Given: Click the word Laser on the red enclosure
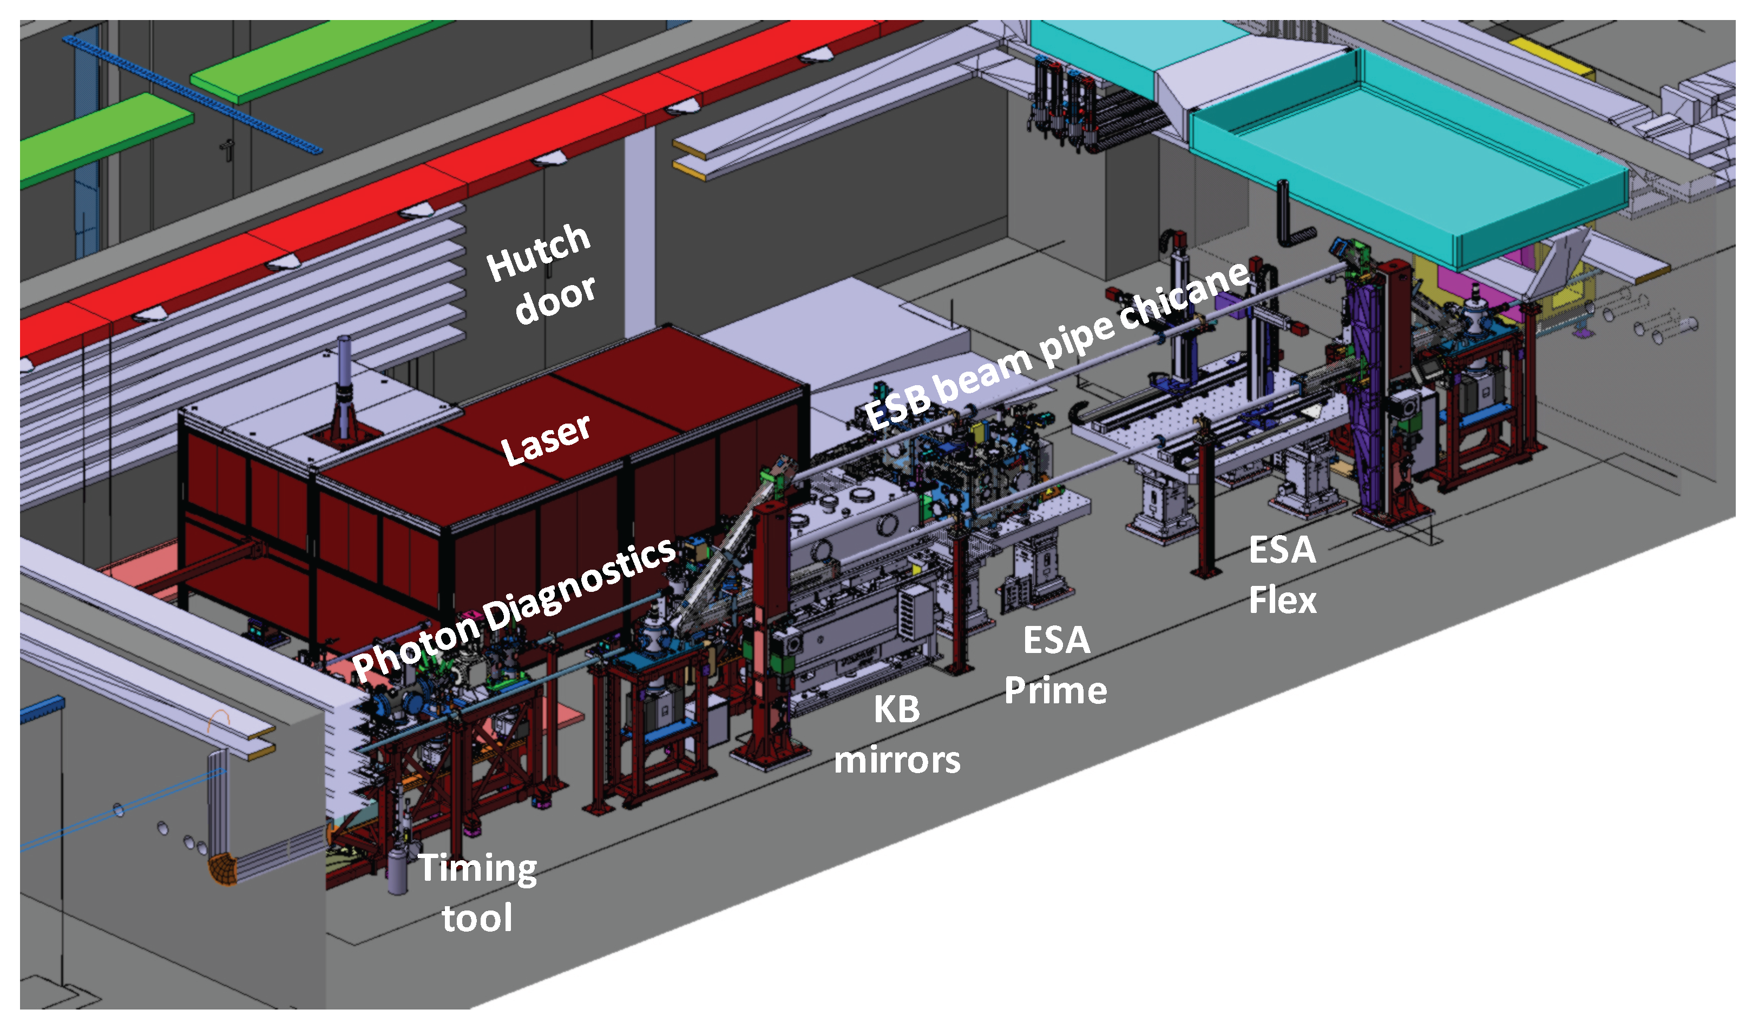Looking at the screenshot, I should (546, 439).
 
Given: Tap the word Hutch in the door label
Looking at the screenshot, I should (538, 252).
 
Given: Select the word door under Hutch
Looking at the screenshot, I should (555, 300).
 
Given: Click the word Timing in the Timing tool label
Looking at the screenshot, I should (477, 868).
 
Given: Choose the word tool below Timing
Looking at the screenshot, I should (477, 919).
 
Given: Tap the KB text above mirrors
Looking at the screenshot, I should (896, 710).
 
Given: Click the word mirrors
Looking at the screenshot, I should (897, 761).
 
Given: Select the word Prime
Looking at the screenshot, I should (1055, 691).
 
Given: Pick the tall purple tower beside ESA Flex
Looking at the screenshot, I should (1366, 389).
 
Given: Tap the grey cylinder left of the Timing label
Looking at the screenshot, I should (397, 872).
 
